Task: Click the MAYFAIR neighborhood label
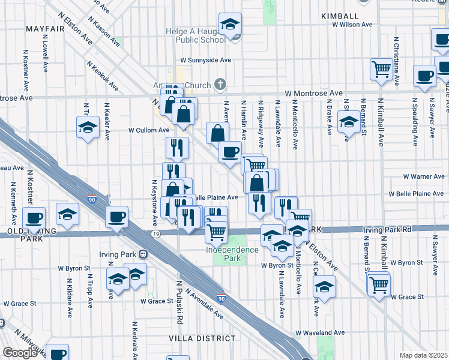pyautogui.click(x=45, y=28)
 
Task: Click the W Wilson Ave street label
pyautogui.click(x=352, y=25)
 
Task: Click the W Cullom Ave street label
pyautogui.click(x=149, y=130)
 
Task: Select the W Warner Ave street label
pyautogui.click(x=424, y=177)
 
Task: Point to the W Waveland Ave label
pyautogui.click(x=320, y=332)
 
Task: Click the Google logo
pyautogui.click(x=20, y=353)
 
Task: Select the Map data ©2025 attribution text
pyautogui.click(x=423, y=355)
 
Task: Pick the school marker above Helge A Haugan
pyautogui.click(x=229, y=25)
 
